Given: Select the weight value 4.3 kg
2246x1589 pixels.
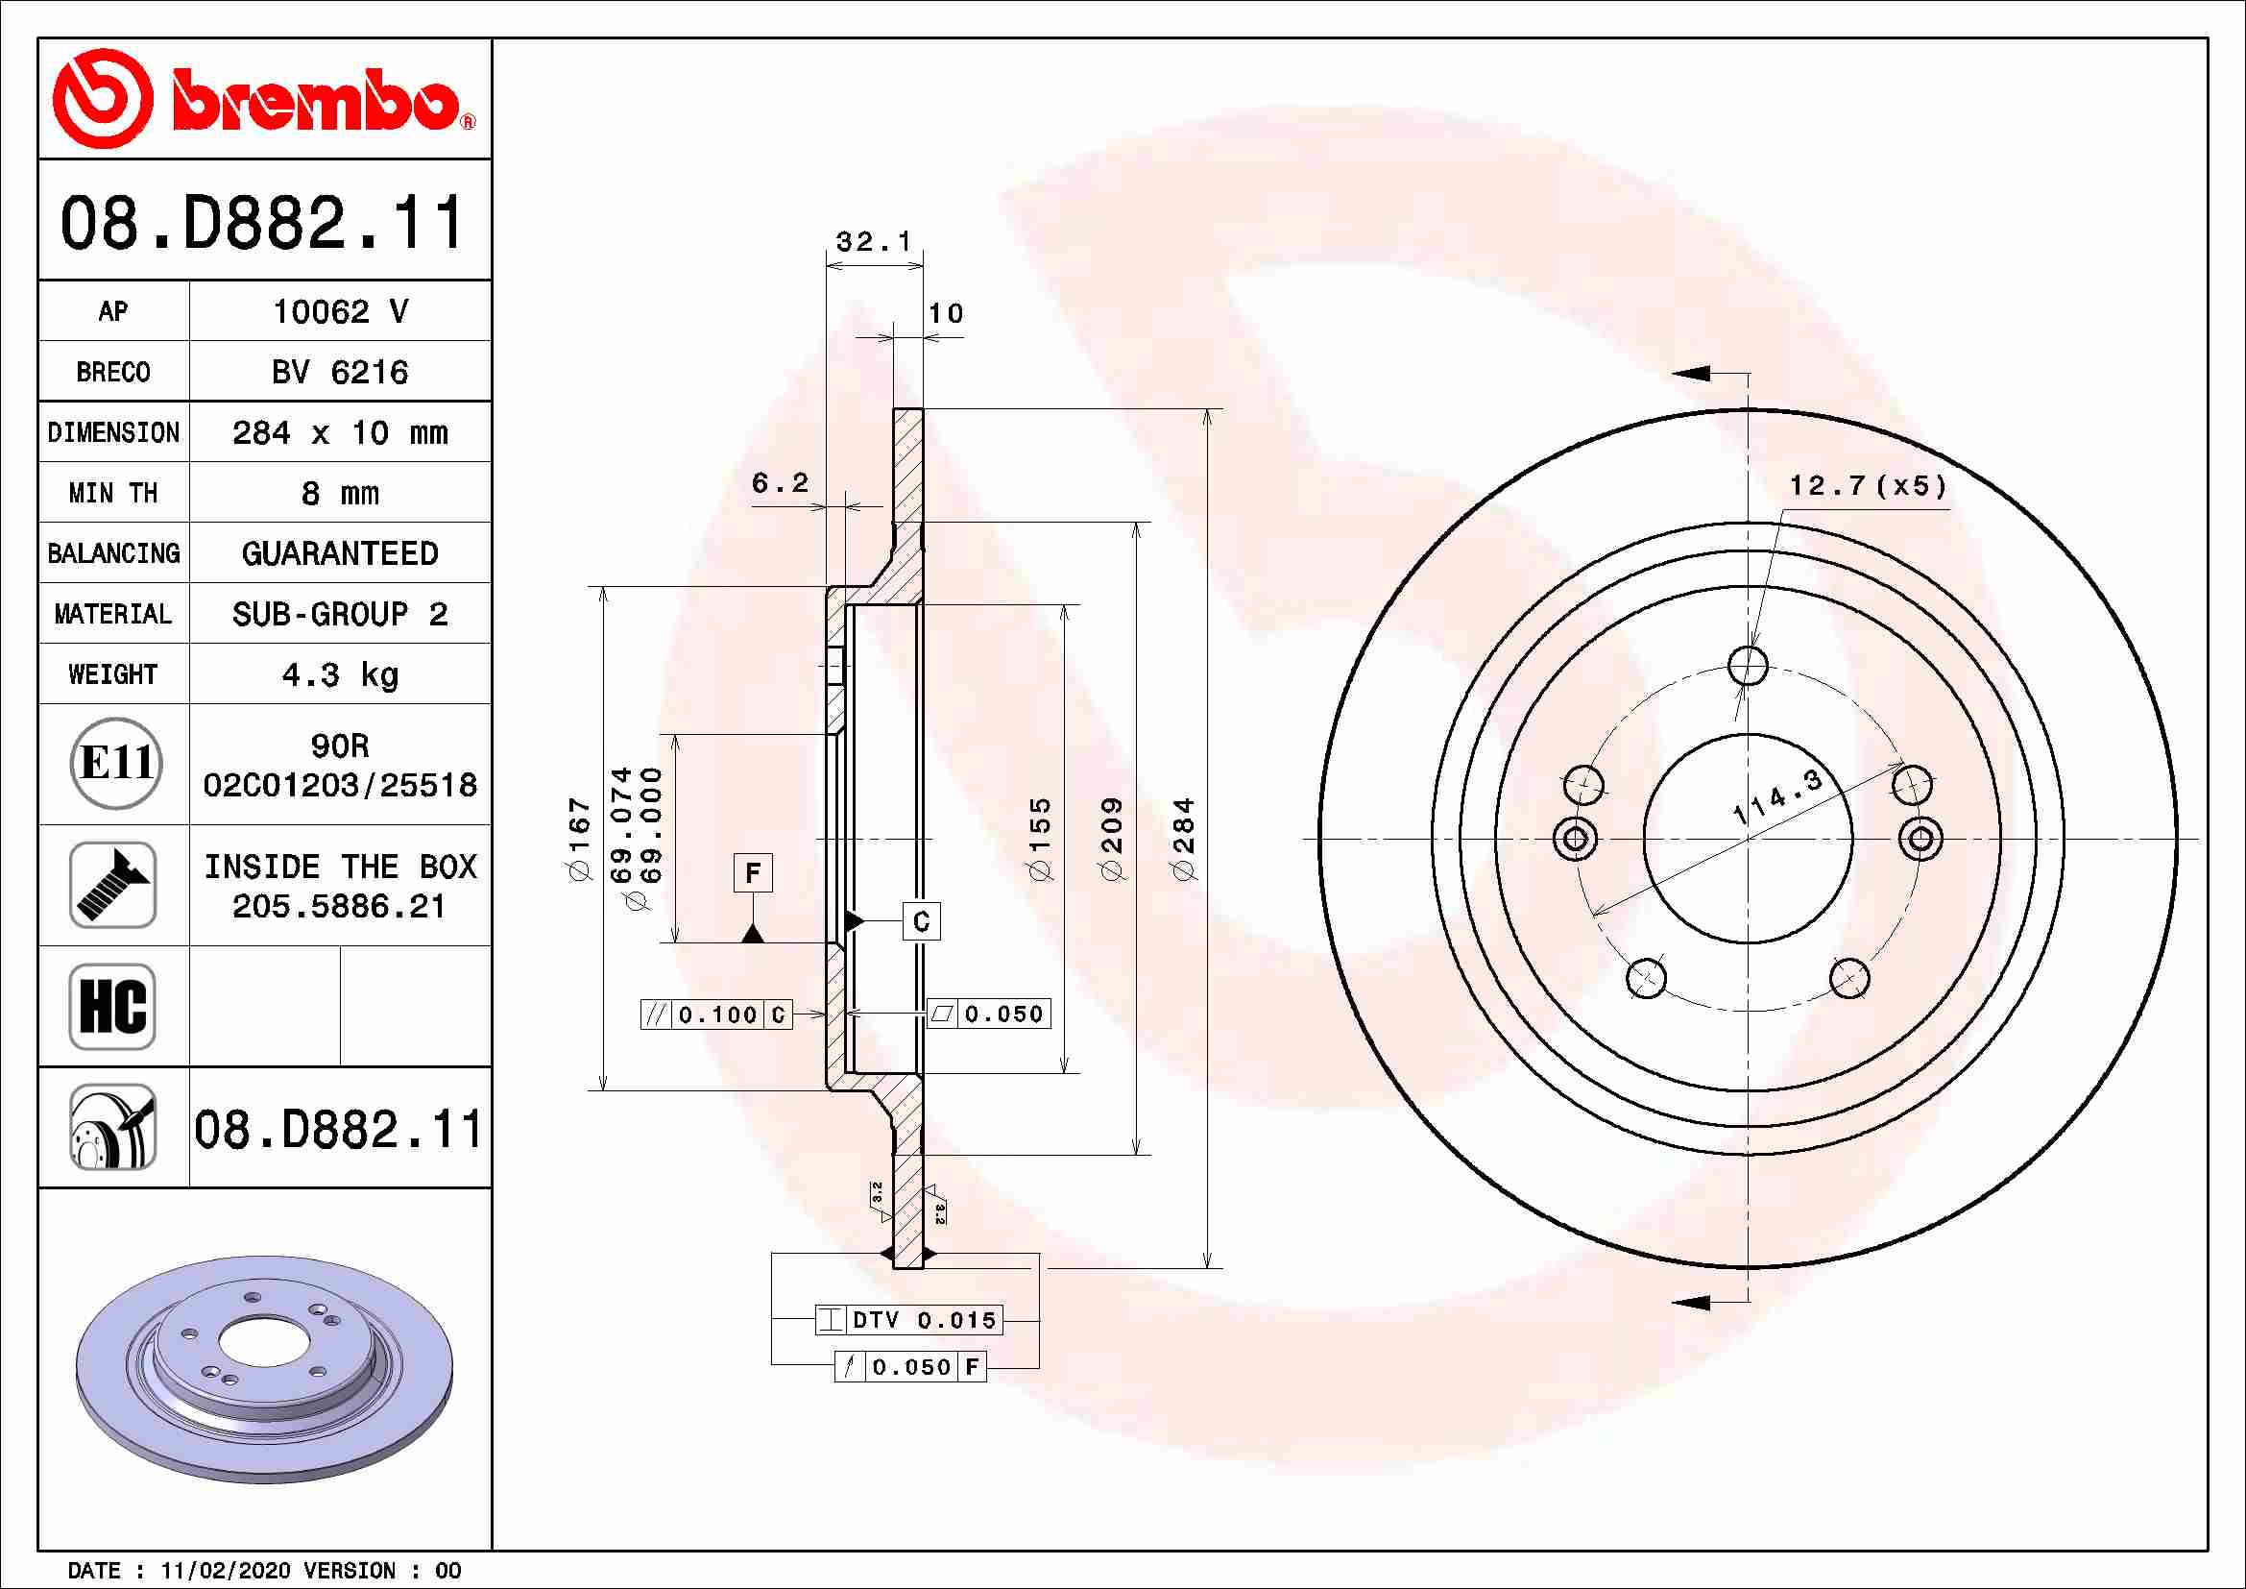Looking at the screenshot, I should (339, 675).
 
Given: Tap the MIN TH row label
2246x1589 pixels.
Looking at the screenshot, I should (112, 493).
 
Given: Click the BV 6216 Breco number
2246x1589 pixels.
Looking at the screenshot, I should (339, 372).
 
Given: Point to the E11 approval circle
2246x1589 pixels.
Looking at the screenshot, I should (115, 763).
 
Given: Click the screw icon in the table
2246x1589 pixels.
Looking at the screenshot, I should (112, 885).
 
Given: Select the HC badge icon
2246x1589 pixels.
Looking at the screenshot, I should (112, 1006).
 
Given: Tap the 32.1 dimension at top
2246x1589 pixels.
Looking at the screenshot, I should (874, 241).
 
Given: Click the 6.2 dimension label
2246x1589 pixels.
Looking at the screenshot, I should (780, 482).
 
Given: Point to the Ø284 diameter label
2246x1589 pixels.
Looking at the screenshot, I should (1184, 838).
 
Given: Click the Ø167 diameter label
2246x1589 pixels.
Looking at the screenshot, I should (580, 839).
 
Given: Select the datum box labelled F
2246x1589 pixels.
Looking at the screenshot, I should (752, 871).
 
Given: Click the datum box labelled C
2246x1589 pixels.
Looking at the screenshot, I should (921, 921).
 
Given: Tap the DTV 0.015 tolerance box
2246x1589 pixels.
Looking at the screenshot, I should (909, 1320).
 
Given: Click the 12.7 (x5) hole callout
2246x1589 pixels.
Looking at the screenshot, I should (1868, 486).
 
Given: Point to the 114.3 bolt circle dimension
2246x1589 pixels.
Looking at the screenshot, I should (1776, 795).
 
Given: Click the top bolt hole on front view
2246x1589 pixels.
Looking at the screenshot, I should (1747, 666).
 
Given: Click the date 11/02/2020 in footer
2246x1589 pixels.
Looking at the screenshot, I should (225, 1571).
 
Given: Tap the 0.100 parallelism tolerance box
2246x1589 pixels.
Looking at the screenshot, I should (716, 1015).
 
